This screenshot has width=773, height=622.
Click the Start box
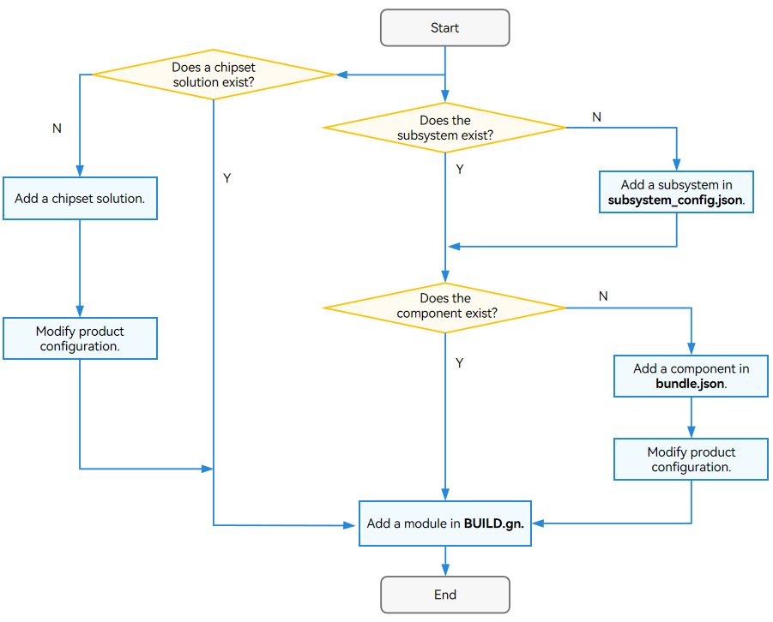point(444,28)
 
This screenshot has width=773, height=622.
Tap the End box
point(444,595)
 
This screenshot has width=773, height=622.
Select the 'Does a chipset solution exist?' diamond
point(214,75)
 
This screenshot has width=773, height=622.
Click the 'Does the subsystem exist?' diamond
point(444,128)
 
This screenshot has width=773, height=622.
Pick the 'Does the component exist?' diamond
point(444,308)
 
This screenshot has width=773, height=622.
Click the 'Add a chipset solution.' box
point(80,198)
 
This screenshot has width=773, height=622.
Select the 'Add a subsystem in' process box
point(676,192)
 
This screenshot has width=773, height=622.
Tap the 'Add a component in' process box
point(691,376)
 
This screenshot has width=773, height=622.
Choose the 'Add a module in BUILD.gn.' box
point(444,523)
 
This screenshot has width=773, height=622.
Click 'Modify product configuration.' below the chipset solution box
point(80,338)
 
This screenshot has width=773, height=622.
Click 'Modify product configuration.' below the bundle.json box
point(691,459)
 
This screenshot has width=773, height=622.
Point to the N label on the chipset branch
point(57,129)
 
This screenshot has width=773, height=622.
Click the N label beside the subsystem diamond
point(596,117)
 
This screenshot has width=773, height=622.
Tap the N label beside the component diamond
point(603,296)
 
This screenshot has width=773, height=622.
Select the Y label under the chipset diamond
point(226,178)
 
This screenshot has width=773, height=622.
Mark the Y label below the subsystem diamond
point(460,170)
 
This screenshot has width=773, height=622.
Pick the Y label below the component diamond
point(460,363)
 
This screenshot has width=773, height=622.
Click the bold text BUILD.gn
point(494,523)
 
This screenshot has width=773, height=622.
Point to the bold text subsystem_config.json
point(675,200)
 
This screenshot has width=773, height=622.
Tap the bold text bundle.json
point(690,384)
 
